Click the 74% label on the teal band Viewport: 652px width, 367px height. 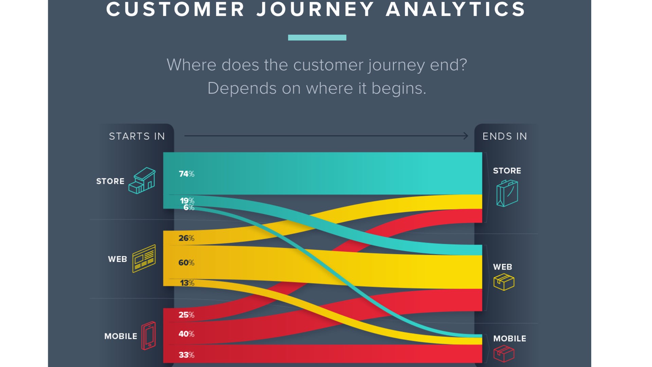[186, 174]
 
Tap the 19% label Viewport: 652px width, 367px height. [187, 200]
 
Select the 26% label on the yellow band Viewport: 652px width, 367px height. [186, 238]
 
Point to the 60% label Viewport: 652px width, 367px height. [186, 263]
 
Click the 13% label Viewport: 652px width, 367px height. [187, 283]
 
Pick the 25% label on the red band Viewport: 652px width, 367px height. [186, 315]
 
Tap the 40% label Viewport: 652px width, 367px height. [186, 334]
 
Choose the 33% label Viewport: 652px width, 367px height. [186, 355]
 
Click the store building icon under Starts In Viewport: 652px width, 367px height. [142, 180]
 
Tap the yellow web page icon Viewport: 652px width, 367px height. [144, 259]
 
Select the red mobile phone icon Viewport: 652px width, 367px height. [148, 336]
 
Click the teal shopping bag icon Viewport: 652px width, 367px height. [507, 193]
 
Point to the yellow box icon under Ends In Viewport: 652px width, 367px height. [504, 282]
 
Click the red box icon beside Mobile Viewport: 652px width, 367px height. [504, 354]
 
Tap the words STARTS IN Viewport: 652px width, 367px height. [137, 136]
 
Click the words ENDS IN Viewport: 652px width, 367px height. [505, 136]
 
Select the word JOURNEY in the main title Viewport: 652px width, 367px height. [316, 9]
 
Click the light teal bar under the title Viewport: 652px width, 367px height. [317, 38]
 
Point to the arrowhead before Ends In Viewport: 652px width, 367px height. [466, 136]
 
